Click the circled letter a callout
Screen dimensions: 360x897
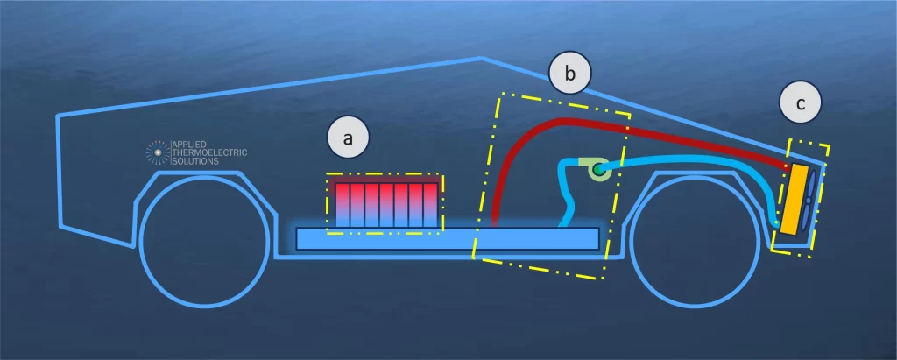click(349, 138)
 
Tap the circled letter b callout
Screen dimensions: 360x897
click(569, 76)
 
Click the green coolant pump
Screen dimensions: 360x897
click(599, 168)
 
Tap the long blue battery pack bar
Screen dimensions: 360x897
click(447, 237)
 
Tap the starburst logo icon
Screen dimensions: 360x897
click(158, 152)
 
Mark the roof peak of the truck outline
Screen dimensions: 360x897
click(482, 59)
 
